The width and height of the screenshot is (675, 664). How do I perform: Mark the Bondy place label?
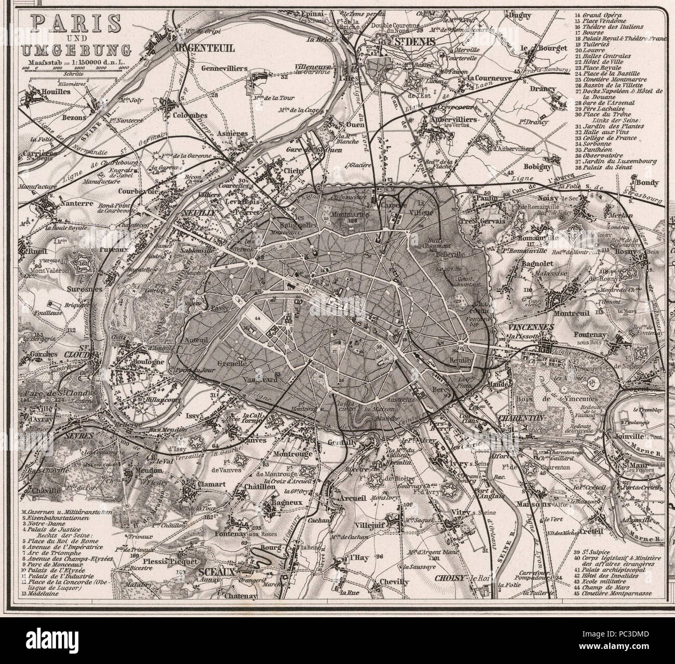coord(645,183)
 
